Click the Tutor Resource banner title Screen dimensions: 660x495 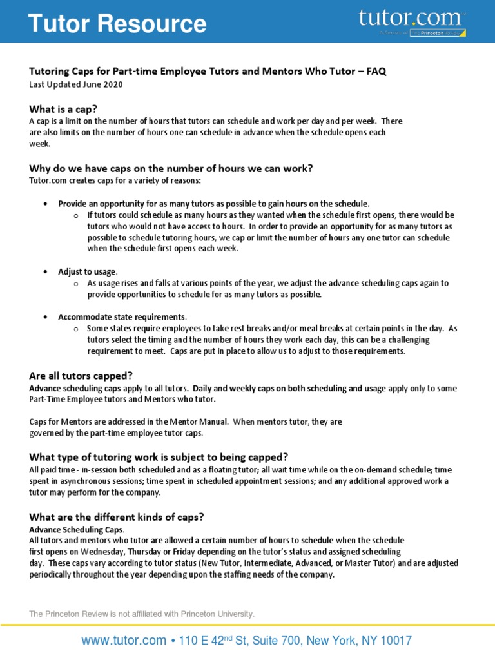pos(117,24)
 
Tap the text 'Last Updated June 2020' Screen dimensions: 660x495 pos(76,84)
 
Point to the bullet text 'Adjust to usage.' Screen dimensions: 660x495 pos(88,272)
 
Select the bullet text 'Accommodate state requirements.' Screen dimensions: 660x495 pos(122,317)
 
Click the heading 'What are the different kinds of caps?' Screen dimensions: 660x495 pos(117,517)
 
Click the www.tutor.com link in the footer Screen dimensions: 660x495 pos(123,641)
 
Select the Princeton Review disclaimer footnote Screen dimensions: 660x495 pos(142,614)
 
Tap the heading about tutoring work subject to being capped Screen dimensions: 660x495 pos(159,457)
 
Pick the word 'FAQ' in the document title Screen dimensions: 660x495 pos(376,72)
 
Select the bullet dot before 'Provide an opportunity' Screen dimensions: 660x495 pos(44,204)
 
